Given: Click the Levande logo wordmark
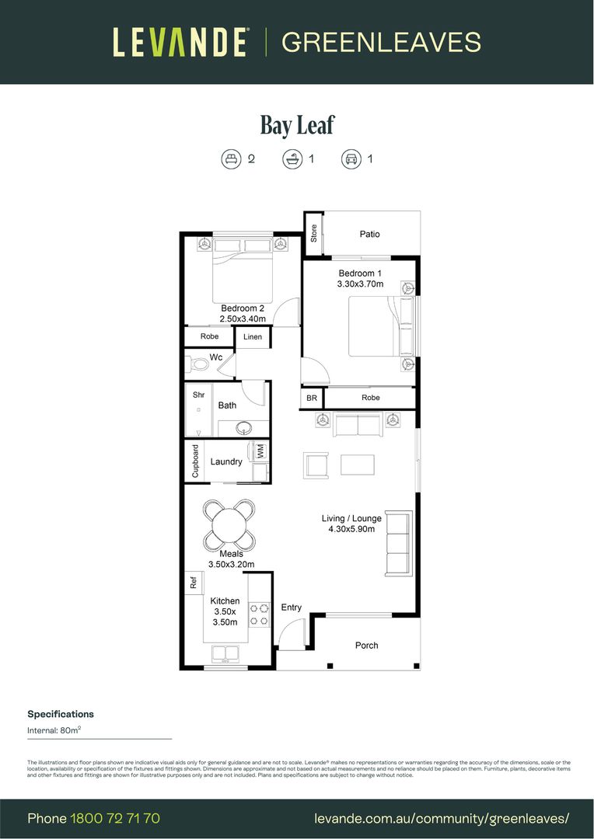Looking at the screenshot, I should (x=180, y=42).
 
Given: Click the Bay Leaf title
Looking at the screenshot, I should (x=297, y=125).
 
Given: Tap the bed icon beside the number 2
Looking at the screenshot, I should (x=231, y=159).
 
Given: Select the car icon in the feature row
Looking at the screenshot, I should (x=351, y=159).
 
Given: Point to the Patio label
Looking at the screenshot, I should (x=370, y=234).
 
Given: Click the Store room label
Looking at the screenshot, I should (x=314, y=234).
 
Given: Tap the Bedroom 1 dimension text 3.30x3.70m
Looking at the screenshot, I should (x=360, y=284).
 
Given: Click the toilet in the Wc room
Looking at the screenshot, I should (x=198, y=363).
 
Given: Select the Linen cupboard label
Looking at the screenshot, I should (x=253, y=337).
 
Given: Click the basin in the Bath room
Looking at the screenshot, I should (x=243, y=427).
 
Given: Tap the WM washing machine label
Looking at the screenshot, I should (x=260, y=451).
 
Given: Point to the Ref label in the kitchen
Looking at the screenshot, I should (x=193, y=583).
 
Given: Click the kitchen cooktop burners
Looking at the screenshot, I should (x=259, y=614).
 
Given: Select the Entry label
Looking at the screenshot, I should (x=292, y=607).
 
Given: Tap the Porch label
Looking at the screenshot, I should (x=367, y=645).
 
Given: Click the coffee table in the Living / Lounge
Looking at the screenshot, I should (x=357, y=465).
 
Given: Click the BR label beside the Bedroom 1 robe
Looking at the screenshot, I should (x=312, y=398).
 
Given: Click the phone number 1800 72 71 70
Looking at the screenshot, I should (x=115, y=818).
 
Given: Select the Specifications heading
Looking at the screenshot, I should (x=61, y=714).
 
